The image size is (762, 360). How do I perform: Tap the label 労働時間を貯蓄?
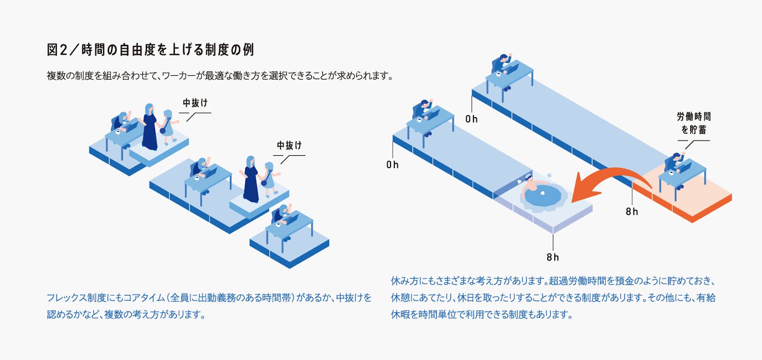coord(693,123)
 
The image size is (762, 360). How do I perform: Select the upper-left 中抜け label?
coord(195,103)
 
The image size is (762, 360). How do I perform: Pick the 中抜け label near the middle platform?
coord(289,145)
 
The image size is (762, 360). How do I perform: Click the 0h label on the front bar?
coord(392,165)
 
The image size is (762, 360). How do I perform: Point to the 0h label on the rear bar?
coord(471,119)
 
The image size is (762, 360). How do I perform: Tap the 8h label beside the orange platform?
coord(632,211)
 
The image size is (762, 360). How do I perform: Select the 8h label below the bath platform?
coord(552,257)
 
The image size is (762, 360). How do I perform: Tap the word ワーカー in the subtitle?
coord(177,76)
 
